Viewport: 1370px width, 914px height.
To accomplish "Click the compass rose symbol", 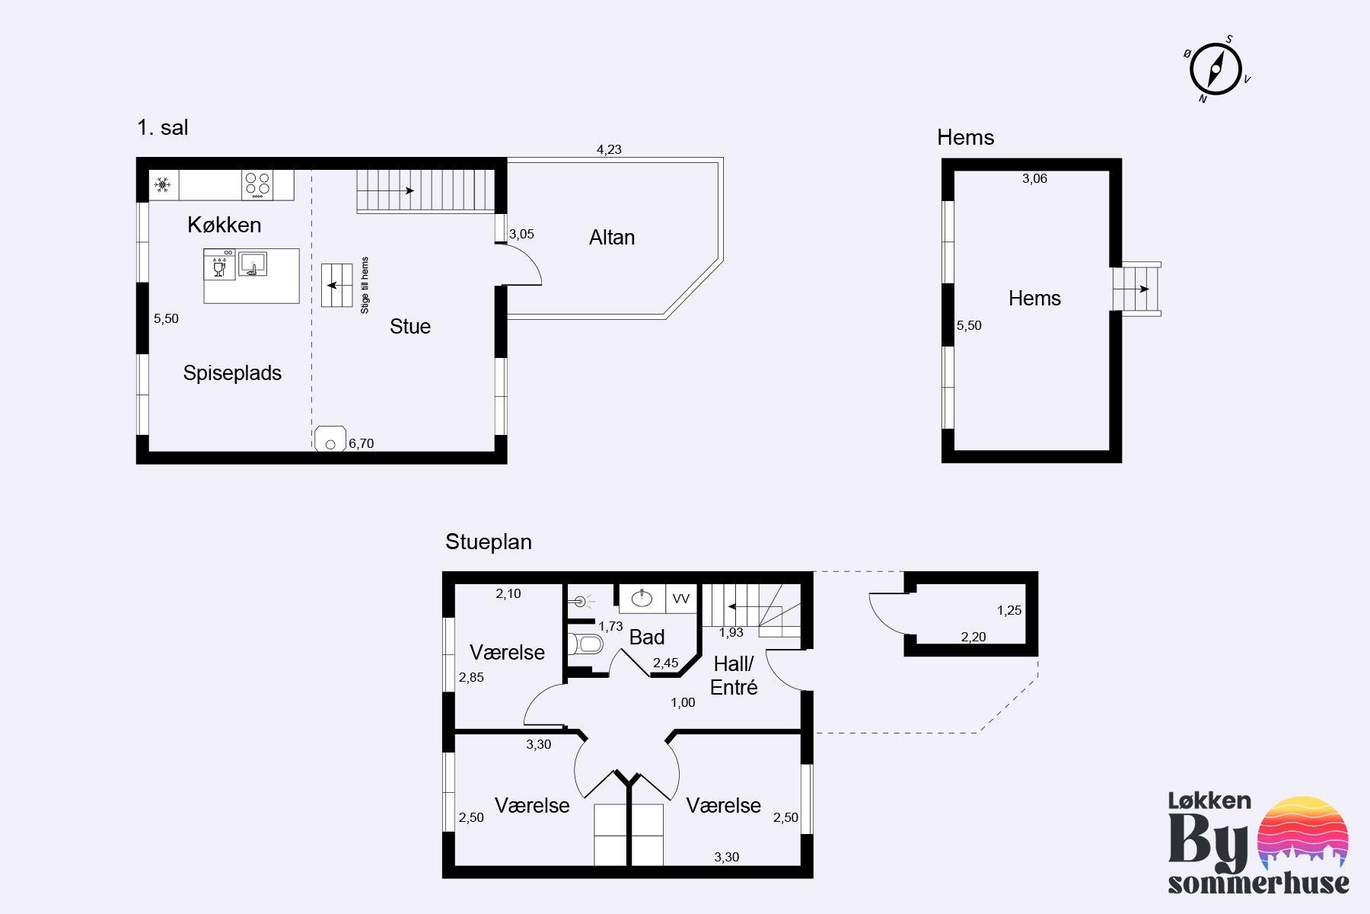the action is click(x=1215, y=69).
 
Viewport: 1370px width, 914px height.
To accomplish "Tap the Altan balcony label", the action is click(x=612, y=238).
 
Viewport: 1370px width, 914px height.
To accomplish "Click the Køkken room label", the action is click(x=225, y=225).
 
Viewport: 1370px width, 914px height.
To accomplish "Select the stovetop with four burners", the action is click(x=257, y=185).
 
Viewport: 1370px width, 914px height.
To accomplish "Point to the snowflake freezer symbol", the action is click(x=162, y=184).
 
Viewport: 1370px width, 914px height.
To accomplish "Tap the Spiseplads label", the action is click(x=232, y=373).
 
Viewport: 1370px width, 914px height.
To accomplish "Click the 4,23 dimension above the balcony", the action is click(x=609, y=149).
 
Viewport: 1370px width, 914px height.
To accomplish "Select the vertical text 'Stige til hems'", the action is click(x=365, y=285).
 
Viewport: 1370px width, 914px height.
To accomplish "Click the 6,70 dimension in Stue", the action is click(x=362, y=443).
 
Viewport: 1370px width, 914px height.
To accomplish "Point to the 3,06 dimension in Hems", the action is click(x=1034, y=178).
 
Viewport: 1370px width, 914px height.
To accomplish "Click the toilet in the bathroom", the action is click(x=585, y=644).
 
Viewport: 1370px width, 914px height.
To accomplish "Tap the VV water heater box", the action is click(x=681, y=599).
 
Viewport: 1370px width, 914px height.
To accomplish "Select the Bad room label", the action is click(x=647, y=637).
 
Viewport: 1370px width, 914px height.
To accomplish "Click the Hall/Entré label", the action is click(x=734, y=676).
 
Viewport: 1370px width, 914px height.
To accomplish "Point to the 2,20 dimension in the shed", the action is click(x=973, y=637).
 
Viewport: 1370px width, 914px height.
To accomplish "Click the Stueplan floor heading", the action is click(x=489, y=542).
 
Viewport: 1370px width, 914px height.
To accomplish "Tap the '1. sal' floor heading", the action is click(x=163, y=127).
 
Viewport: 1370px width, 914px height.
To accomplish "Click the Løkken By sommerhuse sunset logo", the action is click(x=1259, y=843).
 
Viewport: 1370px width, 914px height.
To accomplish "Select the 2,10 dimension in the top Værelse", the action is click(x=508, y=593).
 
